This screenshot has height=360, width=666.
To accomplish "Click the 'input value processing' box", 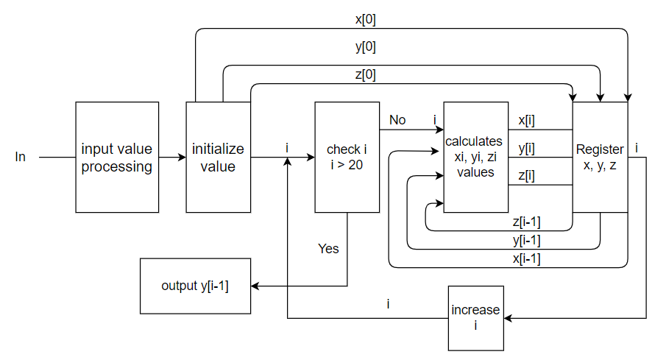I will click(x=117, y=158).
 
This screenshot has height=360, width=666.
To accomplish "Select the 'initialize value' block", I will click(x=218, y=158).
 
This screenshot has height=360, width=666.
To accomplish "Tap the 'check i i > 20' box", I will click(x=347, y=158).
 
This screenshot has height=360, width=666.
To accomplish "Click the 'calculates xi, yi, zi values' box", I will click(x=475, y=158).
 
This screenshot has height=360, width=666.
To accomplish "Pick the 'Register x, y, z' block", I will click(x=600, y=158).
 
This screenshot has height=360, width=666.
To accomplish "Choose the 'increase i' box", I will click(x=475, y=317).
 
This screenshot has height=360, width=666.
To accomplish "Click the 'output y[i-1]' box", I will click(x=195, y=285).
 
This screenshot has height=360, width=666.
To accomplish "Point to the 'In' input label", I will click(x=20, y=158).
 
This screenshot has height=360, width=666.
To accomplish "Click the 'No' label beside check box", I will click(x=397, y=120).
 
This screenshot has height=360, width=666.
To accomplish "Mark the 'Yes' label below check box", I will click(x=328, y=249).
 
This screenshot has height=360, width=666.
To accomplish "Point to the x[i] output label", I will click(x=526, y=120).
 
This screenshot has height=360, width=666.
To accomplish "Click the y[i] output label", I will click(x=526, y=148).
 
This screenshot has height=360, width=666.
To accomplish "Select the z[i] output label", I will click(x=526, y=175).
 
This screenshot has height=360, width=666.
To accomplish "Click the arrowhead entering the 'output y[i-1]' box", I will click(x=255, y=285).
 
